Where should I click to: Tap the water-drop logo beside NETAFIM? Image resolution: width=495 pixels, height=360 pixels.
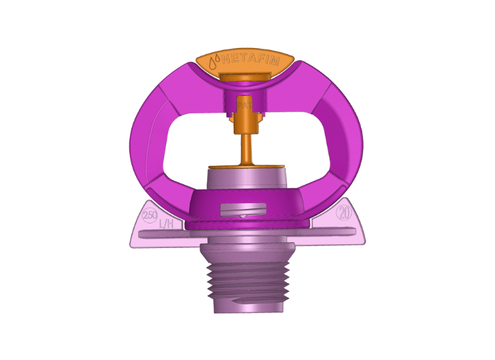click(x=214, y=63)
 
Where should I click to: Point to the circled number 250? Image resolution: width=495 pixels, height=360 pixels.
click(x=150, y=216)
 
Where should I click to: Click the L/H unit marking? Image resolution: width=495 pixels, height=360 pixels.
click(x=166, y=225)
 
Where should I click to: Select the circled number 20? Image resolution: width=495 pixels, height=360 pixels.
click(x=343, y=213)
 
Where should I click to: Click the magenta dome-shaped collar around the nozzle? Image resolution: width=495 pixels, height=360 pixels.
click(x=290, y=204)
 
